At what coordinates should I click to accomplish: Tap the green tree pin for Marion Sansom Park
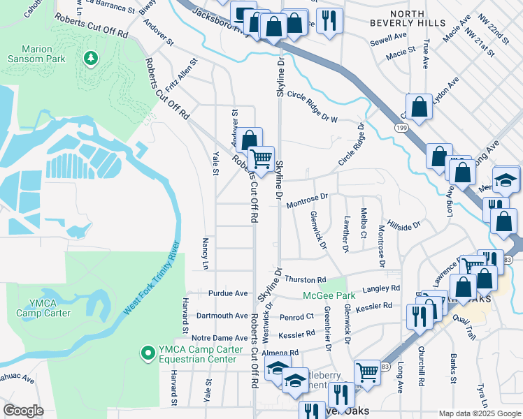pos(89,58)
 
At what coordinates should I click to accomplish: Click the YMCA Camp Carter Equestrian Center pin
pos(147,353)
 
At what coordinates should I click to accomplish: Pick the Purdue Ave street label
pos(228,293)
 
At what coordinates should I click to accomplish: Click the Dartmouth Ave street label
pos(223,316)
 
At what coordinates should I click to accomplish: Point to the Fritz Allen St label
pos(183,74)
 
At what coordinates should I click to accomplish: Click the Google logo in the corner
pos(24,410)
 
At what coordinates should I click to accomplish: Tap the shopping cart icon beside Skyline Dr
pos(261,159)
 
